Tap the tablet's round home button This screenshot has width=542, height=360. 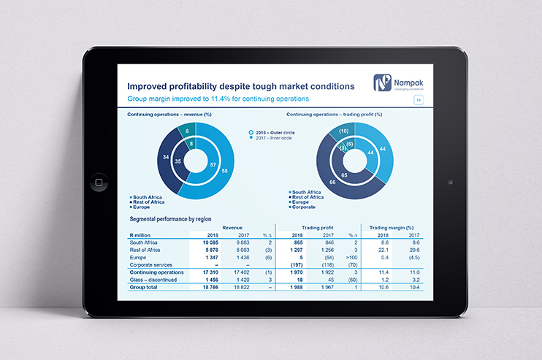[98, 180]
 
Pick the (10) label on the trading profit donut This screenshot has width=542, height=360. [344, 131]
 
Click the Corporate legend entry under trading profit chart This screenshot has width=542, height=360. [306, 207]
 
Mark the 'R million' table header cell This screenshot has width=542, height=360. [140, 235]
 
